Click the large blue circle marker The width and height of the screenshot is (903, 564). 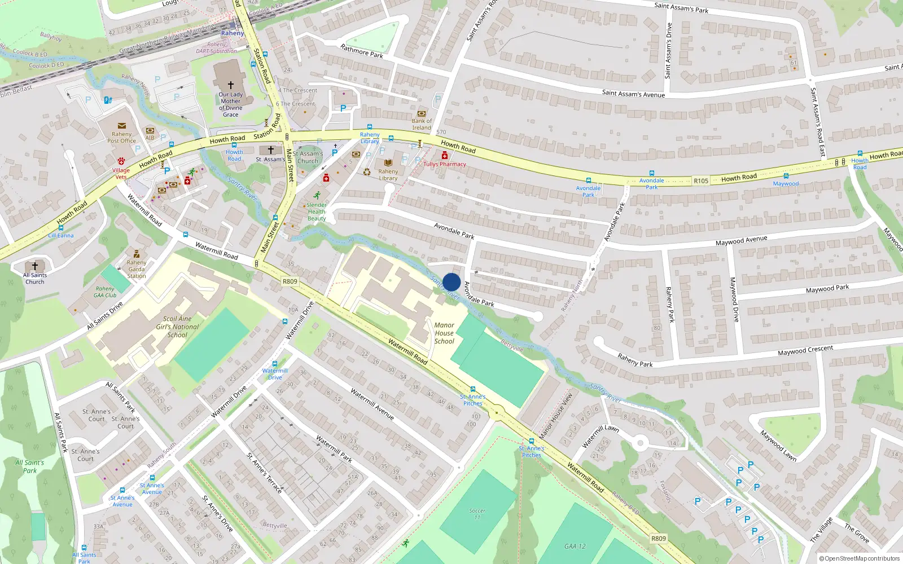(451, 282)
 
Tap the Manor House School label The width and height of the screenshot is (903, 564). (444, 333)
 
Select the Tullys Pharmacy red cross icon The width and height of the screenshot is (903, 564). (445, 156)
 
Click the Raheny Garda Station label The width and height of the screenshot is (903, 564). (137, 269)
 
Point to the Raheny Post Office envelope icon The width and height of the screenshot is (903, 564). (121, 126)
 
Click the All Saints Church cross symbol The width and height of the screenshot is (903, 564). (35, 266)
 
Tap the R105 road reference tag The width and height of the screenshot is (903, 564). (700, 181)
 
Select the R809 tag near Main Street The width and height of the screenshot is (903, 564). (290, 281)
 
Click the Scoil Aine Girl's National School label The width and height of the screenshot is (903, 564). (177, 327)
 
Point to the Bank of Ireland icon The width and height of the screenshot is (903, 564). (421, 113)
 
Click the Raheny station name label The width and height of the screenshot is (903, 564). (233, 33)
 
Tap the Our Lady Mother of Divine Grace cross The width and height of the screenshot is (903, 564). (230, 85)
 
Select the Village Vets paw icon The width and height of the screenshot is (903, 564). (121, 161)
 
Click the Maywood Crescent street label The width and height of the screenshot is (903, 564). (805, 350)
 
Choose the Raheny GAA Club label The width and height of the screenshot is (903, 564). (105, 292)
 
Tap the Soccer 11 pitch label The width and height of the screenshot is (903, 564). (477, 513)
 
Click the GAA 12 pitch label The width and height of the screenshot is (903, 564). (575, 546)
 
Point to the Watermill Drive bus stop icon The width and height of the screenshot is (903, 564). (275, 364)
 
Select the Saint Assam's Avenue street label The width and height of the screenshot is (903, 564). (633, 94)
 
